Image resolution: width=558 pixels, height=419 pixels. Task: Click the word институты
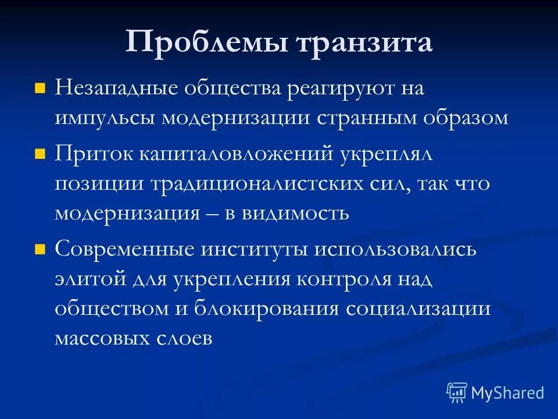255,250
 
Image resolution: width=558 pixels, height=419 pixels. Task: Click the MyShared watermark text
507,393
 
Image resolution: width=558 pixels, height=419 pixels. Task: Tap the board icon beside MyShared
457,393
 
